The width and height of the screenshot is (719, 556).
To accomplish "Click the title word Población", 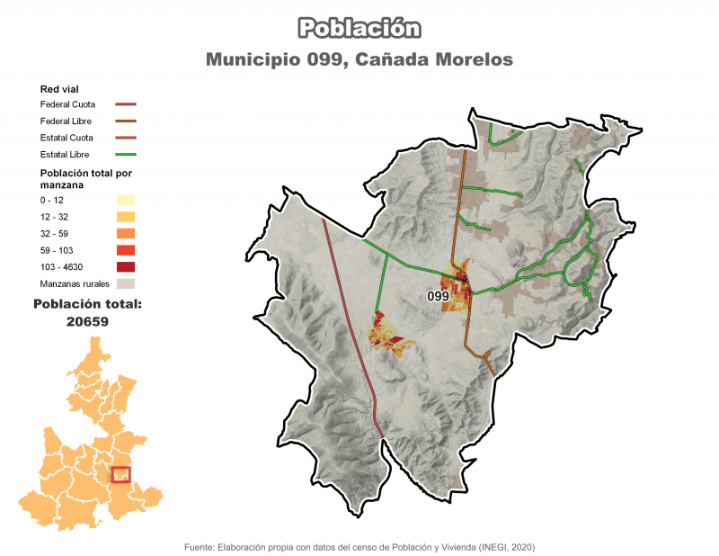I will point(359,28).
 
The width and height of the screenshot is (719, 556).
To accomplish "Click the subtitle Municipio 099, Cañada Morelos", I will point(359,59).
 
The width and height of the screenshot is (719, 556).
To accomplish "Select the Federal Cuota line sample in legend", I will point(125,104).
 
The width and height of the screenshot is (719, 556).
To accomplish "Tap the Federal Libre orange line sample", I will point(125,121).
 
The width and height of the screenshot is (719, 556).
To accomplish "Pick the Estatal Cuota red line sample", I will point(125,139).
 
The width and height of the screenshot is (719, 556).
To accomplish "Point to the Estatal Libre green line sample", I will point(125,156).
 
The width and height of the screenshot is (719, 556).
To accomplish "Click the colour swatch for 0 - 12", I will point(125,200).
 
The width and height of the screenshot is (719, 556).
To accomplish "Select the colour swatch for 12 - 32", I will point(125,217).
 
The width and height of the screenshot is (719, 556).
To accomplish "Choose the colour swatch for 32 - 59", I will point(125,234).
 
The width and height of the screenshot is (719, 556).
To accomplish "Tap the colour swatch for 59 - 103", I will point(125,250).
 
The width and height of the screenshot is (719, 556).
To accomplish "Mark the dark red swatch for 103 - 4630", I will point(125,267).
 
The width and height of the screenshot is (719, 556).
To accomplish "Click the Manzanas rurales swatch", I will point(125,284).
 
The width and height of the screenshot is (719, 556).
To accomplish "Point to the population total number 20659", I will point(87,321).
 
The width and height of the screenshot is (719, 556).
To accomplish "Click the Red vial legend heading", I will point(59,89).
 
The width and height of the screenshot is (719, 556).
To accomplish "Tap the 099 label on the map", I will point(438,296).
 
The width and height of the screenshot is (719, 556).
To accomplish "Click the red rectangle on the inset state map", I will point(120,474).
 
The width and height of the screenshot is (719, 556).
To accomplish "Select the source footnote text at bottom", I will point(359,546).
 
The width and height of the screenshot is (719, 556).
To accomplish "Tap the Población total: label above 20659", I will point(87,305).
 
